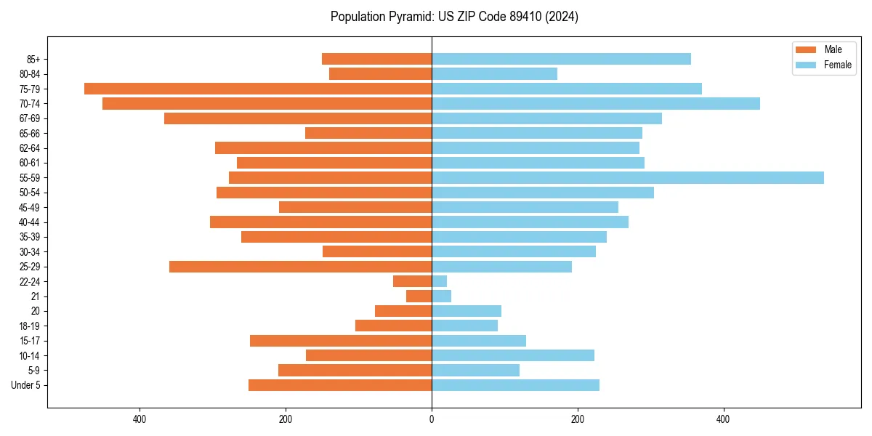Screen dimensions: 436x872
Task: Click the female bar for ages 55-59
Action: pos(628,177)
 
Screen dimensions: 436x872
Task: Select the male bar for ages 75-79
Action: pos(258,89)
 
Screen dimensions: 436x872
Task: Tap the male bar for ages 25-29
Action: pos(300,267)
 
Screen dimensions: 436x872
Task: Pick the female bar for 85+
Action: pos(561,59)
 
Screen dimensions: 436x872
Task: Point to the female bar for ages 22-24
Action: pos(440,281)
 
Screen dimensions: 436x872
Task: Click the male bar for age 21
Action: pos(419,296)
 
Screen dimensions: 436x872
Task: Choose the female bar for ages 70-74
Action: pos(596,103)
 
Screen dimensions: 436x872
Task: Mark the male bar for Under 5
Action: pos(340,385)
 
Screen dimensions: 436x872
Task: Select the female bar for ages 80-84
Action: pos(494,73)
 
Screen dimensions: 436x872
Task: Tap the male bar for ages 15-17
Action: pos(341,341)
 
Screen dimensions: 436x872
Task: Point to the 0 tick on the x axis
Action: pos(432,419)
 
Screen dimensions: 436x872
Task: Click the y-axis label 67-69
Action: pos(30,118)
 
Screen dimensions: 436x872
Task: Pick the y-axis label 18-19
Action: pos(30,326)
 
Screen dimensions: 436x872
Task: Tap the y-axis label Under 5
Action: pos(25,385)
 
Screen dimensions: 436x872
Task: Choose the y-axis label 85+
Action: pos(33,59)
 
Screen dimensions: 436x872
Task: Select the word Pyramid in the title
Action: pos(407,17)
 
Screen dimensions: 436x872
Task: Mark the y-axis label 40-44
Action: pos(30,222)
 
